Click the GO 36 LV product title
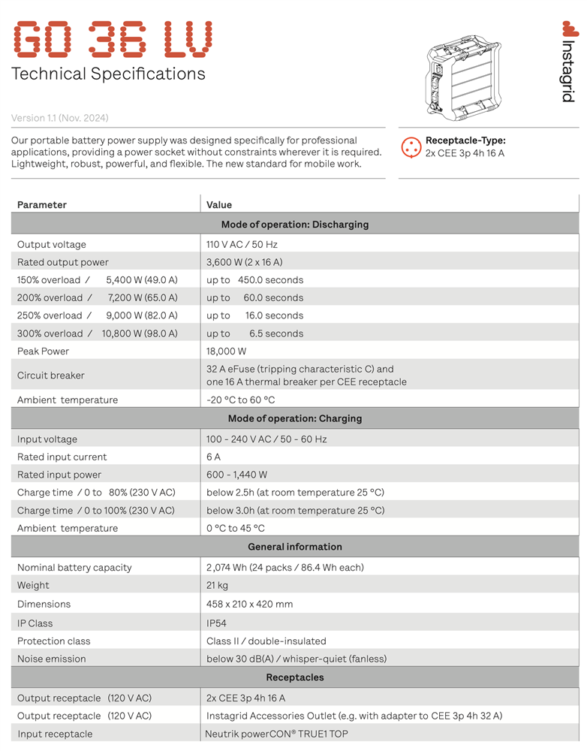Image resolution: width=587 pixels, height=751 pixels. coord(113,39)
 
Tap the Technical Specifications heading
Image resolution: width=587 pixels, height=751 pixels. coord(108,74)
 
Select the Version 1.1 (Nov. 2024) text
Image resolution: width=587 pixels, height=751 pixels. coord(59,118)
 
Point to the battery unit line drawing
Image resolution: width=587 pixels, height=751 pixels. coord(459,77)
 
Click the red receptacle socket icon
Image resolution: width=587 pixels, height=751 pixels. coord(411,146)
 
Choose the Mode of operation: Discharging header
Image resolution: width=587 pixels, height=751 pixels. coord(294,225)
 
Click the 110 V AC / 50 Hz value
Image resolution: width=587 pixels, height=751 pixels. coord(242,244)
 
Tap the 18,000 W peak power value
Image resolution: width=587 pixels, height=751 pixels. coord(226,351)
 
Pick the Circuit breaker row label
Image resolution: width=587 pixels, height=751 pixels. coord(51,375)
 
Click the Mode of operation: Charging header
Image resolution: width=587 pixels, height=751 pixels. coord(294,418)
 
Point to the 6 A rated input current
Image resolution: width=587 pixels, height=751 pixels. coord(213,457)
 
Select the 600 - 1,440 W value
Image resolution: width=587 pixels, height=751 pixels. coord(236,475)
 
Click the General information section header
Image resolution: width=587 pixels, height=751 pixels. coord(294,547)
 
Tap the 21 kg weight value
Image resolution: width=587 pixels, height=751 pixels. coord(217,585)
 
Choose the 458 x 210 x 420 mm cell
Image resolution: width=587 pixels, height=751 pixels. coord(249,604)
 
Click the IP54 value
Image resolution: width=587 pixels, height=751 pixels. coord(216,623)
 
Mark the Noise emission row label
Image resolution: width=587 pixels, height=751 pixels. coord(52,659)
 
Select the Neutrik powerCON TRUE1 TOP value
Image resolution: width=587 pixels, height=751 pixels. coord(276,734)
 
